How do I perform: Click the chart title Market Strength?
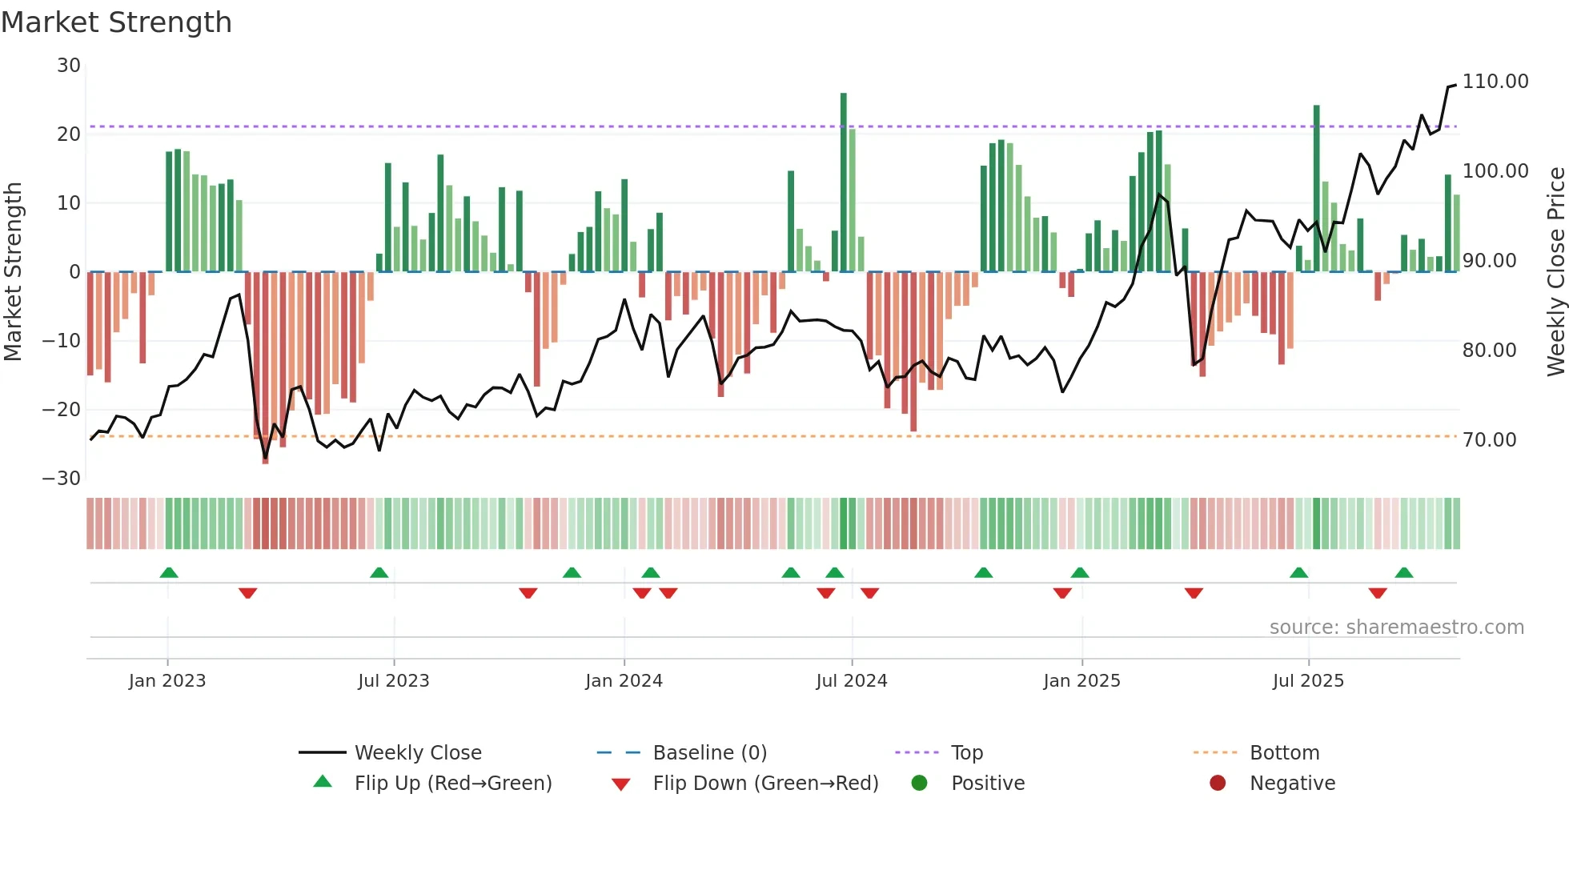pos(116,22)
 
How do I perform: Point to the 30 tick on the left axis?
pos(69,66)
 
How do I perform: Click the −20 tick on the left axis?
pos(62,410)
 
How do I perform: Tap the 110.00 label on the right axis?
pos(1495,82)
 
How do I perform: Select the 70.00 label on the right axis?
pos(1489,440)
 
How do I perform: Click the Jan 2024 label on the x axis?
pos(624,681)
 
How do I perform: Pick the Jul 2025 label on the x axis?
pos(1308,681)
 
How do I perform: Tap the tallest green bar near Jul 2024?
pos(844,182)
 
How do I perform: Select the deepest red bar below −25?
pos(266,368)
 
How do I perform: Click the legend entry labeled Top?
pos(966,753)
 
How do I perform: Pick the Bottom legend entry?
pos(1284,753)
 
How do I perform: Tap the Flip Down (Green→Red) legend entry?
pos(764,784)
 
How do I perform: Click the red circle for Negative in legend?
pos(1218,784)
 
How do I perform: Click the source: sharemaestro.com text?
pos(1396,627)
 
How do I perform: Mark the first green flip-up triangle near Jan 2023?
pos(169,573)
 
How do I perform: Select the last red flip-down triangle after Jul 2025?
pos(1378,593)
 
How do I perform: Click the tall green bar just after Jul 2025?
pos(1316,188)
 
